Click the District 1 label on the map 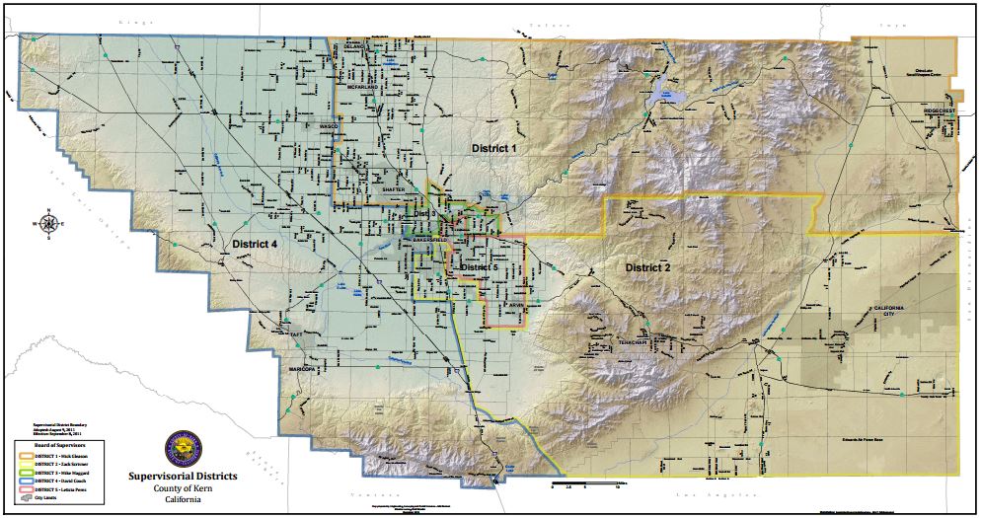pyautogui.click(x=493, y=148)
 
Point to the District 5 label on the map pyautogui.click(x=479, y=267)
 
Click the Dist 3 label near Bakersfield pyautogui.click(x=422, y=214)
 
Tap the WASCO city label pyautogui.click(x=329, y=127)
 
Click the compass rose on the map pyautogui.click(x=47, y=223)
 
